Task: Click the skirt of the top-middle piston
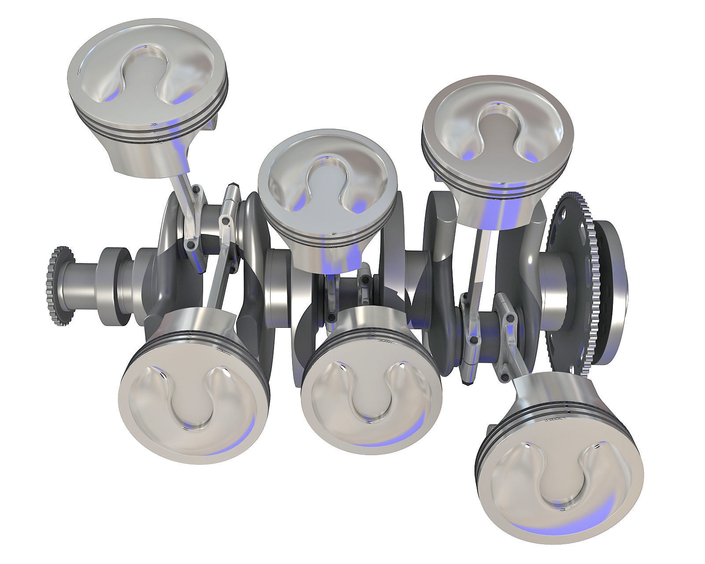(328, 256)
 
